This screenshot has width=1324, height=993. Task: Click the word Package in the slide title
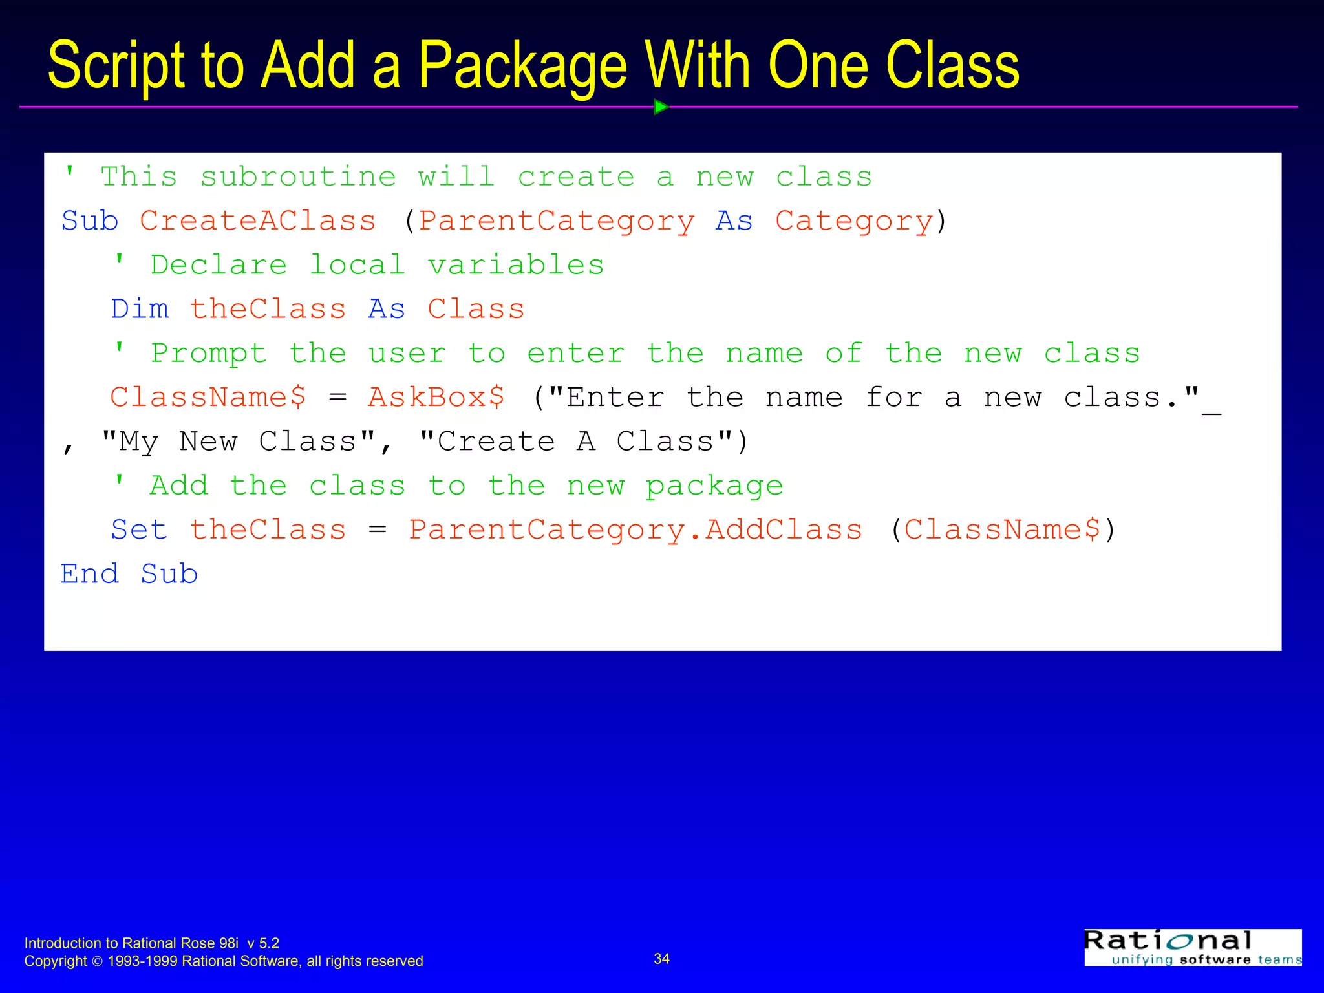pyautogui.click(x=522, y=66)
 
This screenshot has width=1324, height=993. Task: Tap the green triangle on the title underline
pyautogui.click(x=660, y=107)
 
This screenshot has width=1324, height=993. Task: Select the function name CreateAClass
pyautogui.click(x=257, y=221)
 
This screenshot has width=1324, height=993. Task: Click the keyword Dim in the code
pyautogui.click(x=140, y=309)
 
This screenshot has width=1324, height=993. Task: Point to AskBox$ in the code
pyautogui.click(x=436, y=397)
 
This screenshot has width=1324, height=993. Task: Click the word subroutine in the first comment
pyautogui.click(x=298, y=177)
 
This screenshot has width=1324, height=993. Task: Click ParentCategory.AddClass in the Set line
pyautogui.click(x=635, y=530)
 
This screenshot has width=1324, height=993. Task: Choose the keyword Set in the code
pyautogui.click(x=139, y=530)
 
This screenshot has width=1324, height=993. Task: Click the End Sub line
pyautogui.click(x=129, y=574)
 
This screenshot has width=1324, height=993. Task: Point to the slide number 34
pyautogui.click(x=661, y=959)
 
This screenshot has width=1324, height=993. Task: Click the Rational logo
pyautogui.click(x=1193, y=947)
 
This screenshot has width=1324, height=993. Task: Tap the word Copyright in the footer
pyautogui.click(x=56, y=961)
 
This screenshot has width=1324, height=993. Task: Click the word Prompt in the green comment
pyautogui.click(x=208, y=354)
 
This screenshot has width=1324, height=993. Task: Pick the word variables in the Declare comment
pyautogui.click(x=516, y=265)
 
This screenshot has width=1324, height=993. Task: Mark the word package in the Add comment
pyautogui.click(x=714, y=486)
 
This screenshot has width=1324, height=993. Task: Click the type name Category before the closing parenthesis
pyautogui.click(x=854, y=221)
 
